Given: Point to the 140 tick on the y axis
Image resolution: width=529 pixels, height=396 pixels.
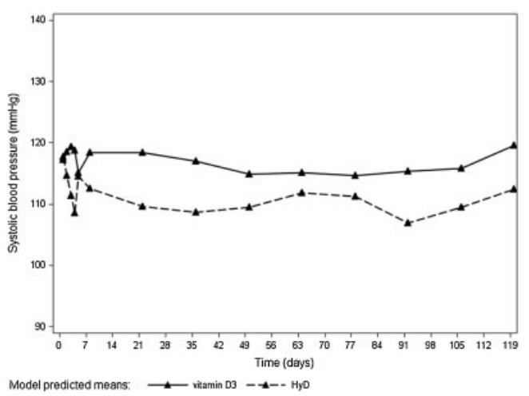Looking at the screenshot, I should click(38, 19).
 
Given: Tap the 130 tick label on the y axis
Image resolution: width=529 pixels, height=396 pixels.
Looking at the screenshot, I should click(38, 81).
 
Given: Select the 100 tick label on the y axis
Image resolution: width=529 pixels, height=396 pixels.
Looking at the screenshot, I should click(38, 266).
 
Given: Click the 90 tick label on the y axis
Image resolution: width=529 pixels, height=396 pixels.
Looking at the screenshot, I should click(41, 327).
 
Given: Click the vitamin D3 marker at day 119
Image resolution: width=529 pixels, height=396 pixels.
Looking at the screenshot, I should click(514, 145).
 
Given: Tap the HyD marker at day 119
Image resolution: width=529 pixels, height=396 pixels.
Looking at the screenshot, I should click(514, 189).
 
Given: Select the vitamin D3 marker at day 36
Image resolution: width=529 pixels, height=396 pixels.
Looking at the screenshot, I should click(196, 161).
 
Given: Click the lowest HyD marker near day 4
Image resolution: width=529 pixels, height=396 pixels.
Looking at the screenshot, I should click(74, 212).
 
